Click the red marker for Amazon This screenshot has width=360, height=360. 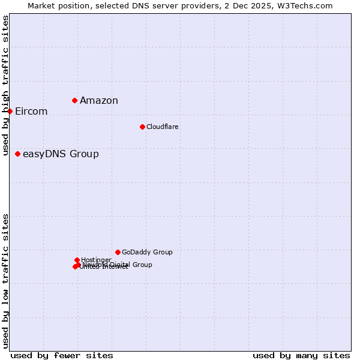click(x=74, y=100)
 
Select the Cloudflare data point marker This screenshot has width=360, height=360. click(x=142, y=127)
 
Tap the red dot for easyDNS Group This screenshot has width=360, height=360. click(x=17, y=154)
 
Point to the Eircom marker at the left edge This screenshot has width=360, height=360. click(x=10, y=111)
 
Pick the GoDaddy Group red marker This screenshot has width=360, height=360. click(x=118, y=252)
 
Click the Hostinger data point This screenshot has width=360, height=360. click(x=77, y=260)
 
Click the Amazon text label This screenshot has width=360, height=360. click(x=99, y=100)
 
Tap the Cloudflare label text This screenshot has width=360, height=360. click(x=163, y=127)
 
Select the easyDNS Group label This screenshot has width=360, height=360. click(x=61, y=154)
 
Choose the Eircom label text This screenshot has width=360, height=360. click(x=31, y=112)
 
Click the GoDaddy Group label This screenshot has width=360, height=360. click(x=147, y=252)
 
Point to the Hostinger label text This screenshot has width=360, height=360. click(x=96, y=260)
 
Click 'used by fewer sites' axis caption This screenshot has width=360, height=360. click(x=62, y=355)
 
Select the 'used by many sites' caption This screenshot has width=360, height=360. click(x=301, y=355)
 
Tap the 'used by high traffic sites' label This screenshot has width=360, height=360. click(x=6, y=85)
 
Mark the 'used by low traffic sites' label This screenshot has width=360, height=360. click(x=6, y=281)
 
